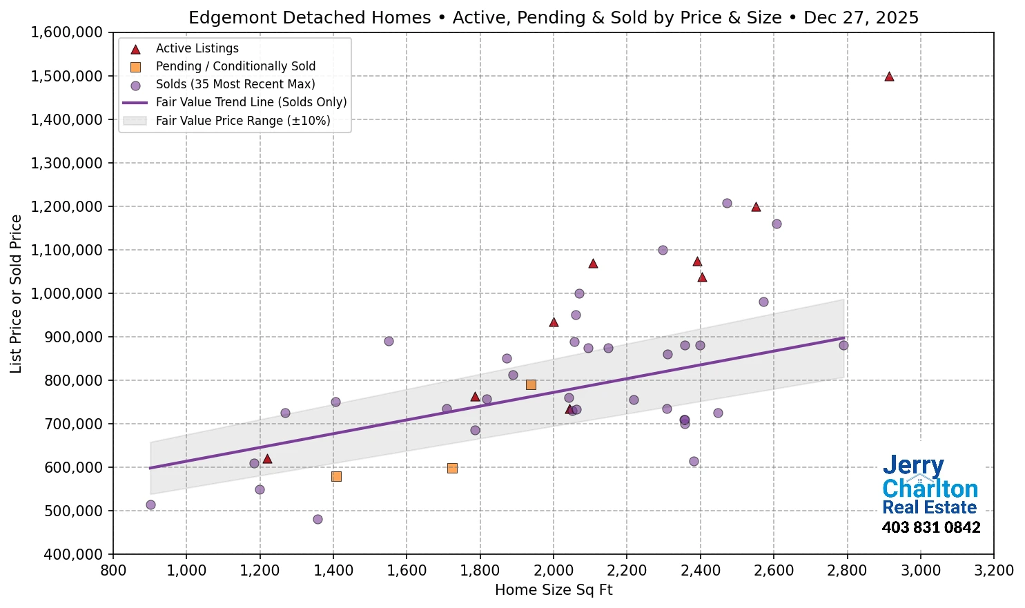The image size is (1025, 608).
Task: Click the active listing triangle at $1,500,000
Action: coord(889,77)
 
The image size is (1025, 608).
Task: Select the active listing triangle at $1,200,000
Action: coord(756,207)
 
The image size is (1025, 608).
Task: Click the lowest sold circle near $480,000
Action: coord(318,519)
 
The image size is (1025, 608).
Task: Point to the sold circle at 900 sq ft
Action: coord(150,504)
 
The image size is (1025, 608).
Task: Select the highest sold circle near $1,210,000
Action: coord(727,203)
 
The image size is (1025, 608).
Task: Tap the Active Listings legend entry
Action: coord(197,48)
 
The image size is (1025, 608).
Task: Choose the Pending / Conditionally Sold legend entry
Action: coord(235,66)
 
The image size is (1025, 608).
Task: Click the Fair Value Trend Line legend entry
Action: coord(251,102)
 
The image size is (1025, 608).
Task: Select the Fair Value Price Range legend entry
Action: coord(242,121)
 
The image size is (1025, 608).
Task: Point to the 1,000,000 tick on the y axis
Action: coord(66,293)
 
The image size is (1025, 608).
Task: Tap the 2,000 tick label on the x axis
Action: coord(553,571)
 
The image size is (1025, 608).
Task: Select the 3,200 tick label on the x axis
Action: coord(993,571)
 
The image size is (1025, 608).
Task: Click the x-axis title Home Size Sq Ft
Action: coord(554,590)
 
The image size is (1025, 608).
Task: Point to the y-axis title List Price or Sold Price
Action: coord(17,293)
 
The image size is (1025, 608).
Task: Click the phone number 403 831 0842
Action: coord(930,528)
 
